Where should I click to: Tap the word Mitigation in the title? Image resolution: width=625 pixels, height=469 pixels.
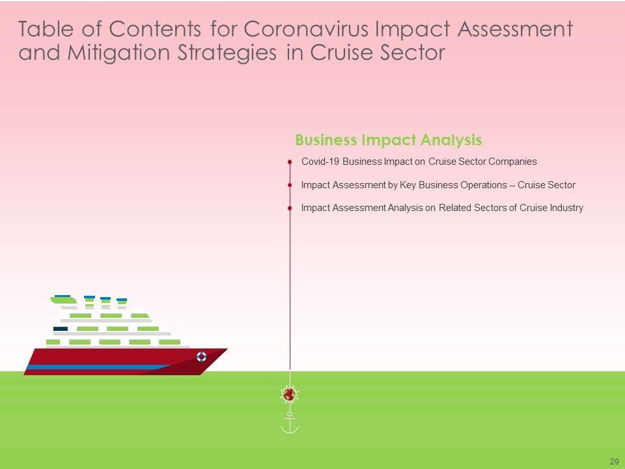point(118,53)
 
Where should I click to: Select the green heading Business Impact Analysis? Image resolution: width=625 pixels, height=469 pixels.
point(389,140)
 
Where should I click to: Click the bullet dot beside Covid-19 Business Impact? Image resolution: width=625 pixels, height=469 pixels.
point(290,162)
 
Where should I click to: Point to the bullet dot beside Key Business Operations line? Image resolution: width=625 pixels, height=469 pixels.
point(290,185)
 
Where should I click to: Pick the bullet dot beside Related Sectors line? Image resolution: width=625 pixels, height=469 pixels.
point(290,208)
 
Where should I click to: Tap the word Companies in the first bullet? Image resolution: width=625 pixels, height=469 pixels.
point(512,162)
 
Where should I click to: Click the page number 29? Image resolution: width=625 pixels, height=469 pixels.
point(614,461)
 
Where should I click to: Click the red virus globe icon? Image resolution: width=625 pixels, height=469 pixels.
point(289,395)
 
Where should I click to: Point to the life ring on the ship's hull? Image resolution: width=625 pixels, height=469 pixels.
point(202,356)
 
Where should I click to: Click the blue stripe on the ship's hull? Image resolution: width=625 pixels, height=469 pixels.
point(100,367)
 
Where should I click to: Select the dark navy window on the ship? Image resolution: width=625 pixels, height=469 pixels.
point(61,328)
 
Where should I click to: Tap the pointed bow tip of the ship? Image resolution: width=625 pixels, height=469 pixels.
point(227,349)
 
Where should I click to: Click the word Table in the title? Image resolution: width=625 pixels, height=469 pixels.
point(46,29)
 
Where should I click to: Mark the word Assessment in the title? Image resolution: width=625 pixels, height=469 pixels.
point(515,29)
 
